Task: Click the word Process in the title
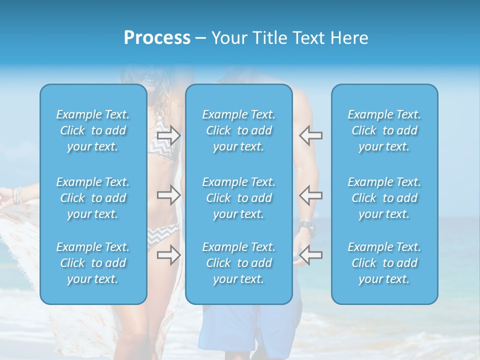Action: tap(157, 38)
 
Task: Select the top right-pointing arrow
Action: tap(169, 135)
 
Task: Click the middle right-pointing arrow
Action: tap(169, 195)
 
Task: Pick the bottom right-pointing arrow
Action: tap(169, 255)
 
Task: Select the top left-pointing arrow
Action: tap(311, 135)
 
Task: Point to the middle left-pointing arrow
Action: tap(311, 195)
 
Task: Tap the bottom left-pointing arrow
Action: tap(311, 255)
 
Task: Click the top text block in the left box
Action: tap(93, 130)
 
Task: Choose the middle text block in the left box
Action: tap(93, 198)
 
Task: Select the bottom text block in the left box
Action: tap(93, 263)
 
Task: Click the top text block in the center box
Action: tap(239, 130)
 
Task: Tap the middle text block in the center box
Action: tap(239, 198)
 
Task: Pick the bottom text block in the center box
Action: tap(239, 263)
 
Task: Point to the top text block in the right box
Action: tap(384, 130)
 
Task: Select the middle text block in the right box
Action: tap(384, 198)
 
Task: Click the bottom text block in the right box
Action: tap(384, 263)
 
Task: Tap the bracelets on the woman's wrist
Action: tap(18, 195)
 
